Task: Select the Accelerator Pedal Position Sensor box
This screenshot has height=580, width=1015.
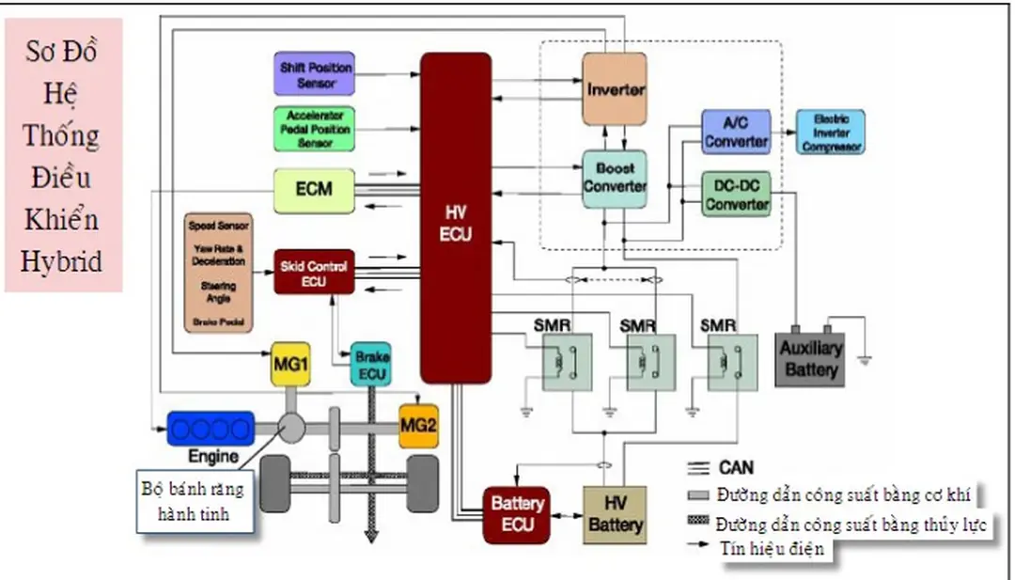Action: pos(315,129)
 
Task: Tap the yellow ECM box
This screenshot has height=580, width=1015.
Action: pos(314,189)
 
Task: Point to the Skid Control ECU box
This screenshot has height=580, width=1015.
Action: pos(314,272)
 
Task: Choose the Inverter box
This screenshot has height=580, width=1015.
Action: pos(615,89)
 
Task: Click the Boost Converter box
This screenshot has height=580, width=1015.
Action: pos(615,178)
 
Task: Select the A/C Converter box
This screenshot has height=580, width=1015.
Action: pos(736,133)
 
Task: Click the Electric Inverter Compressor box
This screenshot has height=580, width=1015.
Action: pos(831,133)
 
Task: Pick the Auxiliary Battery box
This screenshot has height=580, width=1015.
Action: pos(810,359)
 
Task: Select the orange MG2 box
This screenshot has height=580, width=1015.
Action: pos(418,426)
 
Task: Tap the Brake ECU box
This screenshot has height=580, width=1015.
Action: pos(371,364)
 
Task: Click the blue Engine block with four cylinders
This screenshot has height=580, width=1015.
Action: pos(211,429)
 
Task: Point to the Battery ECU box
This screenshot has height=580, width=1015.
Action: pos(516,514)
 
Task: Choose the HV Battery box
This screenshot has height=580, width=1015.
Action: pos(615,514)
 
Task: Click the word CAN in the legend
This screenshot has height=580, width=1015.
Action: pos(737,467)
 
